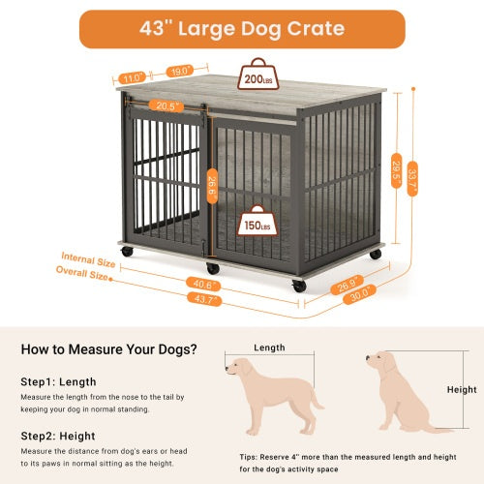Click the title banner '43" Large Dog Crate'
(241, 28)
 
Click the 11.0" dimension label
(133, 76)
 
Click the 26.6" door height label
(213, 184)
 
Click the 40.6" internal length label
(205, 284)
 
